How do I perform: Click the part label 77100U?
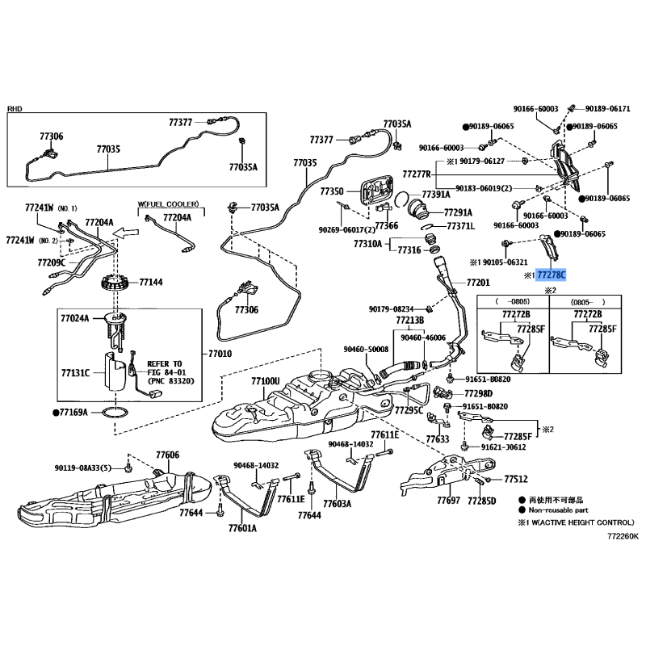point(264,380)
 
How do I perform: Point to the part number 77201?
point(478,284)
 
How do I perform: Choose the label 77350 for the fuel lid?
point(331,191)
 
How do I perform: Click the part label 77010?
point(219,354)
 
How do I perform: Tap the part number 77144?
point(151,283)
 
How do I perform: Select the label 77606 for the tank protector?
point(167,455)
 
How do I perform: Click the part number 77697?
point(448,501)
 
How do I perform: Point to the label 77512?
point(516,479)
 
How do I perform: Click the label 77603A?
point(337,503)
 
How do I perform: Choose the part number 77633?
point(437,438)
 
